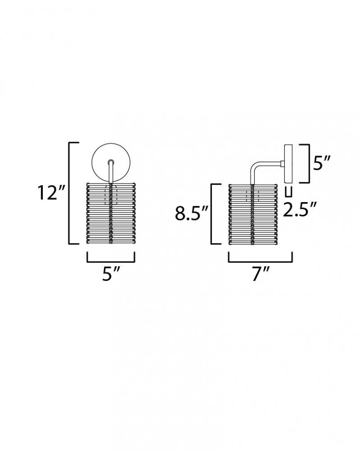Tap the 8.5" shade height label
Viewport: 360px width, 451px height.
click(191, 213)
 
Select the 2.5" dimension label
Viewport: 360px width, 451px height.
click(300, 209)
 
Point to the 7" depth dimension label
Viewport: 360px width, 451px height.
click(260, 274)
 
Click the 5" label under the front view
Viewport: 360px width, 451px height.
click(111, 274)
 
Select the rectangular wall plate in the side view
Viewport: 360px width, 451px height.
click(288, 164)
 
